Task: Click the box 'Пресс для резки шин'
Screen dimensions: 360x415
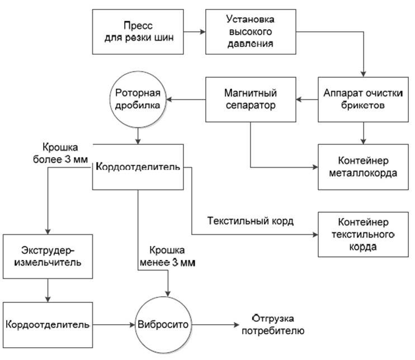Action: click(x=137, y=31)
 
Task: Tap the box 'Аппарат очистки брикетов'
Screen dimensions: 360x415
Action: click(x=364, y=100)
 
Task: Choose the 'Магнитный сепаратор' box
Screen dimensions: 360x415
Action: click(x=251, y=100)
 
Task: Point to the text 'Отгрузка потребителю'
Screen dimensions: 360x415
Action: click(x=272, y=324)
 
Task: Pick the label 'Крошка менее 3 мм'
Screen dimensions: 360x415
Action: click(x=168, y=256)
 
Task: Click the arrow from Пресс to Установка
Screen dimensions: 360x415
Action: click(x=194, y=32)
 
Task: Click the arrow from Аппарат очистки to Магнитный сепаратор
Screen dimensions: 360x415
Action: click(x=307, y=100)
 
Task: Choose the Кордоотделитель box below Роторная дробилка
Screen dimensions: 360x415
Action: click(x=138, y=167)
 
